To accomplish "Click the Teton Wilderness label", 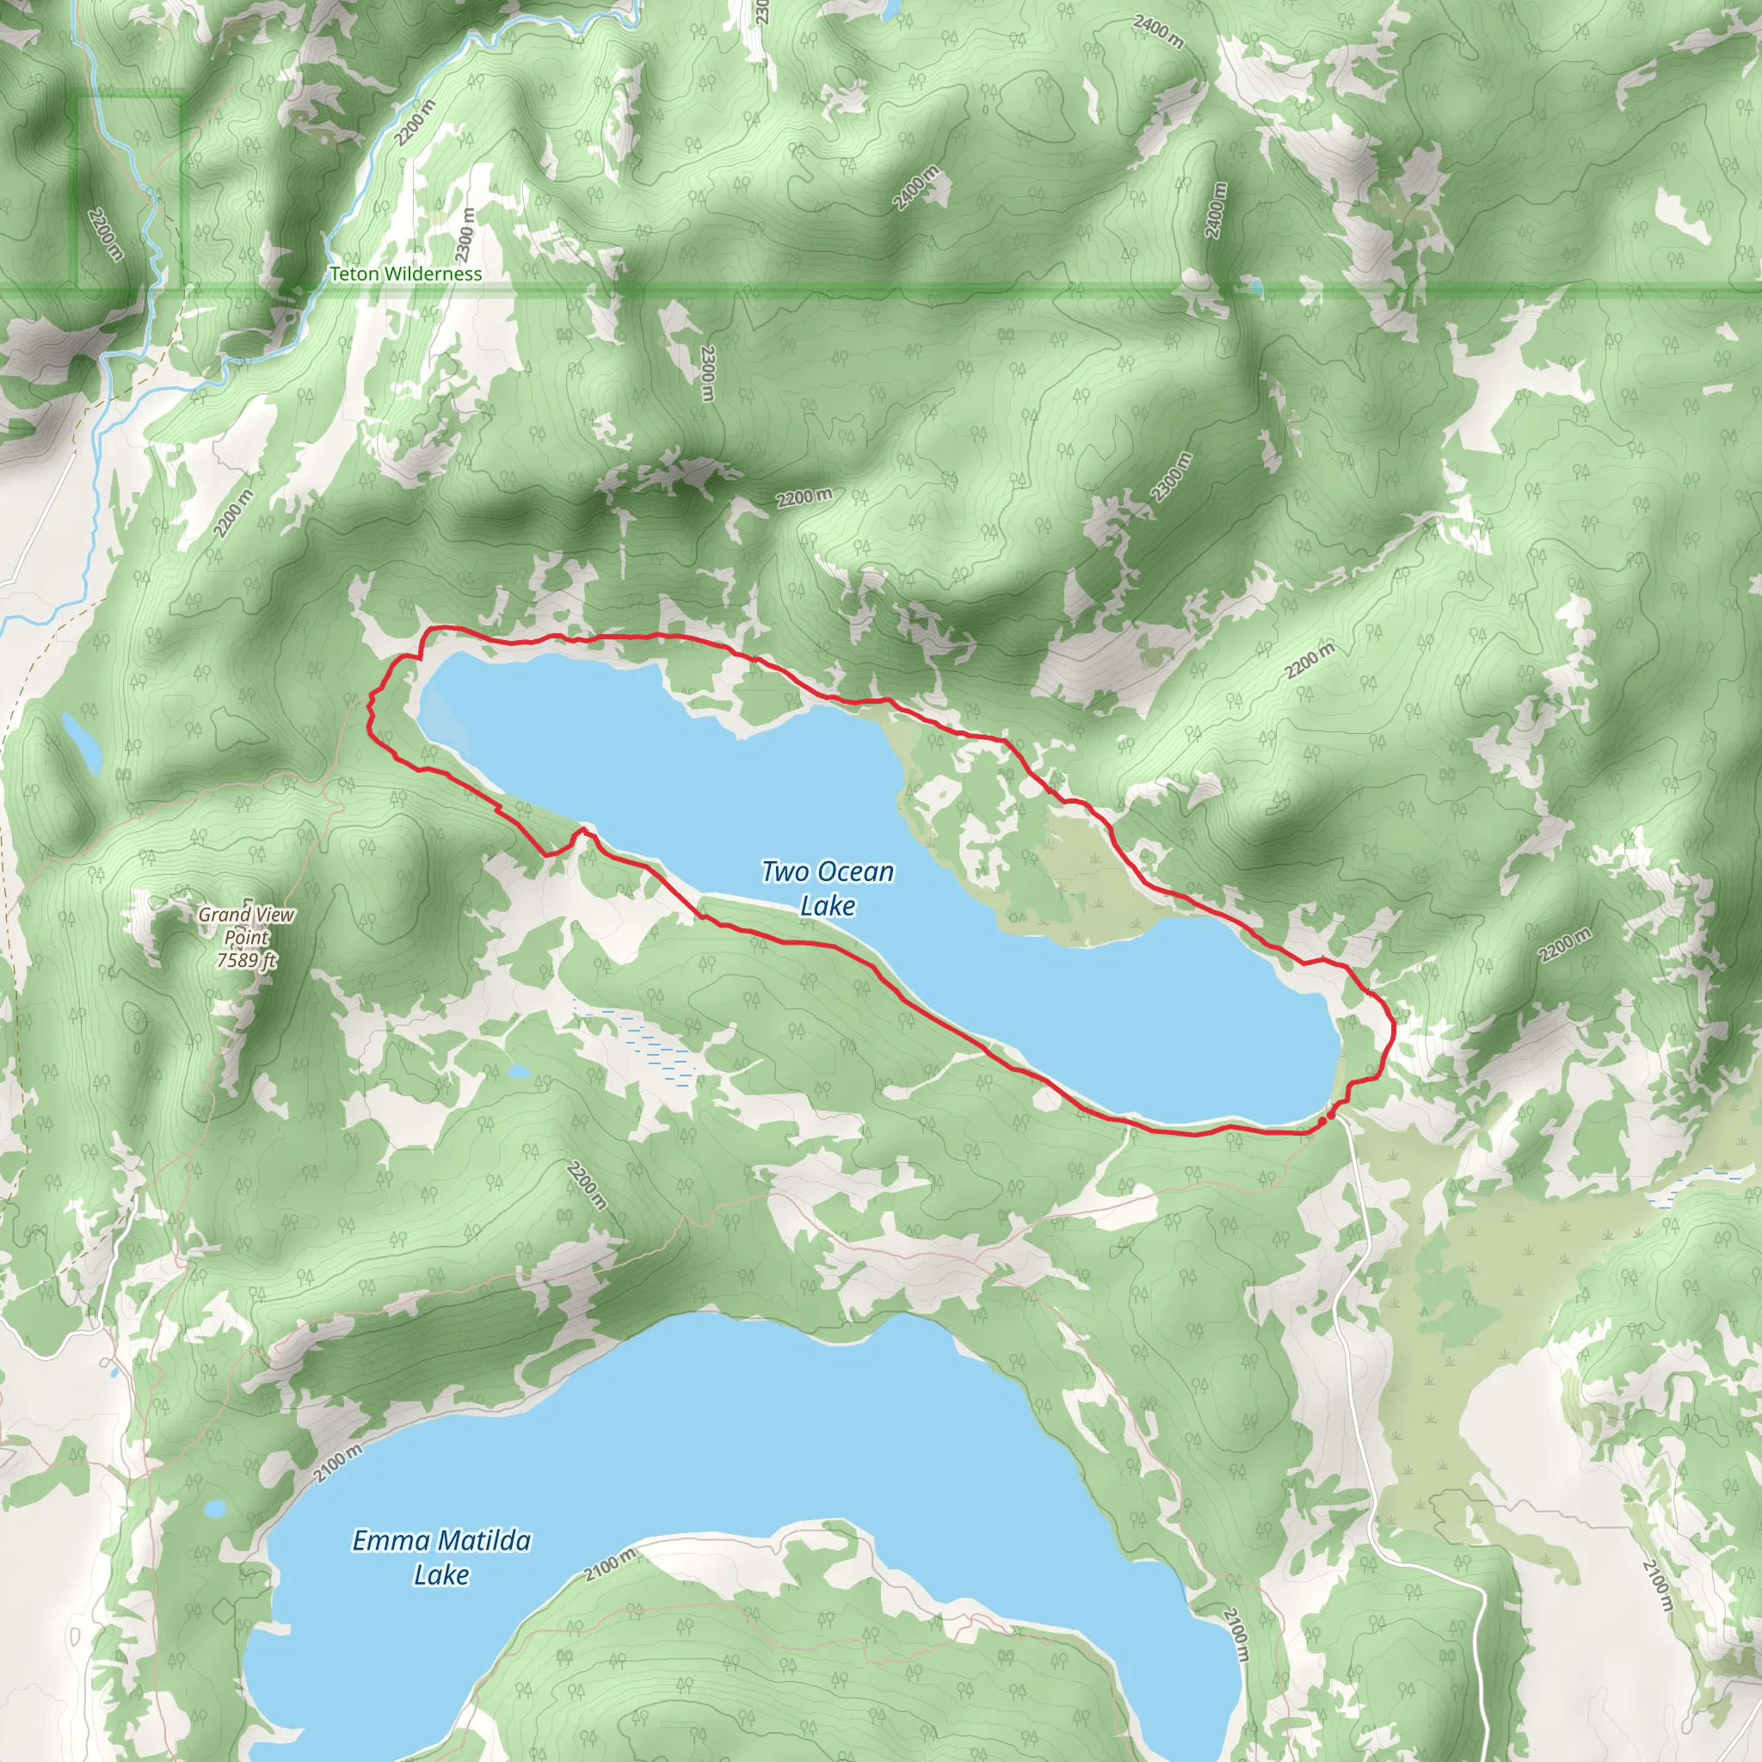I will [405, 274].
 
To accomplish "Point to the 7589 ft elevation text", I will [246, 959].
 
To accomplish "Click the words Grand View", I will [246, 914].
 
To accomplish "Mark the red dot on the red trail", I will [1331, 1112].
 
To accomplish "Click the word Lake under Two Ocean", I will [827, 906].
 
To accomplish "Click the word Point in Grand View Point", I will [246, 937].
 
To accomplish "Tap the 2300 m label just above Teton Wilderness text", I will [466, 233].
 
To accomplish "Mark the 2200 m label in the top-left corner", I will [105, 233].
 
